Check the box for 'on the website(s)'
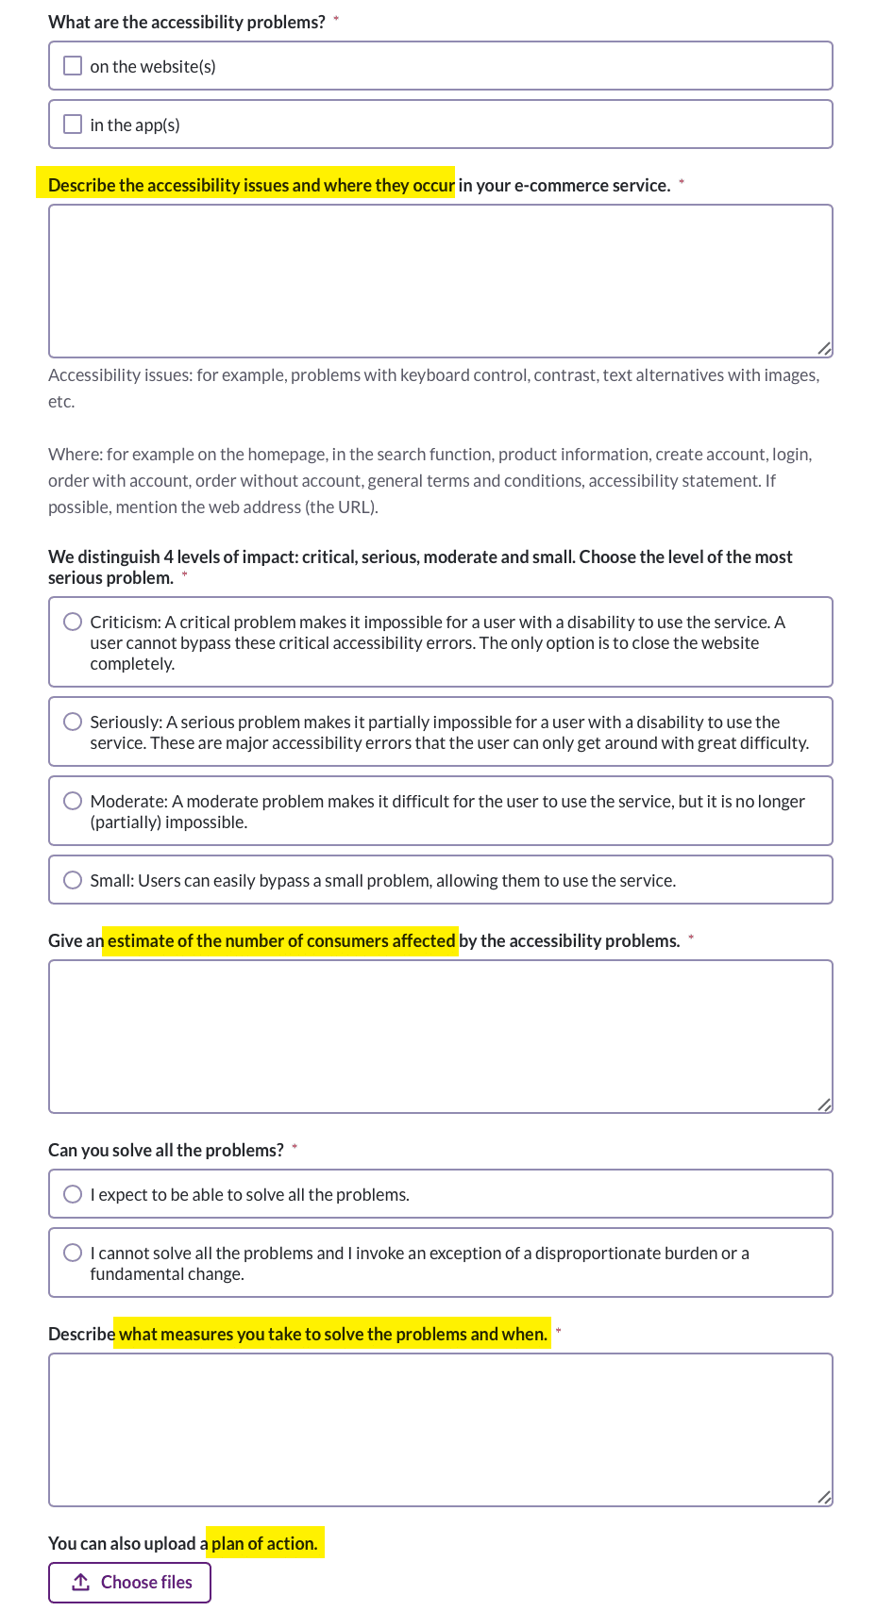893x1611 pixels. click(x=73, y=66)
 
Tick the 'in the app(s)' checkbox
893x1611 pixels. click(x=73, y=125)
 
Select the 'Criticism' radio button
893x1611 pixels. click(x=73, y=622)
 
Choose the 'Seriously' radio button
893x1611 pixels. click(x=73, y=722)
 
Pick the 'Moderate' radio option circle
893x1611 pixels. click(x=73, y=801)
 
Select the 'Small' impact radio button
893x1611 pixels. click(x=73, y=880)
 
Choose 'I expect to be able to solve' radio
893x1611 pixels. click(x=73, y=1194)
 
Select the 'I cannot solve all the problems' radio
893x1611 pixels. click(x=73, y=1253)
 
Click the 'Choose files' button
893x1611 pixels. click(x=129, y=1583)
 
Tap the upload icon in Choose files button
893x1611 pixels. click(x=81, y=1583)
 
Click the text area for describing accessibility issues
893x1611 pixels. click(x=440, y=281)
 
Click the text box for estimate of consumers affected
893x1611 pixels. click(x=440, y=1037)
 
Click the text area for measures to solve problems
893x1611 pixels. click(x=440, y=1430)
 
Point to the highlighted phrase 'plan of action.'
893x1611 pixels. click(x=264, y=1544)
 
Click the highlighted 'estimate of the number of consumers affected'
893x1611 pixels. click(x=281, y=941)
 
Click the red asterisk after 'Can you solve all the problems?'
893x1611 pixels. click(x=295, y=1147)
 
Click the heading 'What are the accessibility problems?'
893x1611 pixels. click(x=187, y=23)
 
